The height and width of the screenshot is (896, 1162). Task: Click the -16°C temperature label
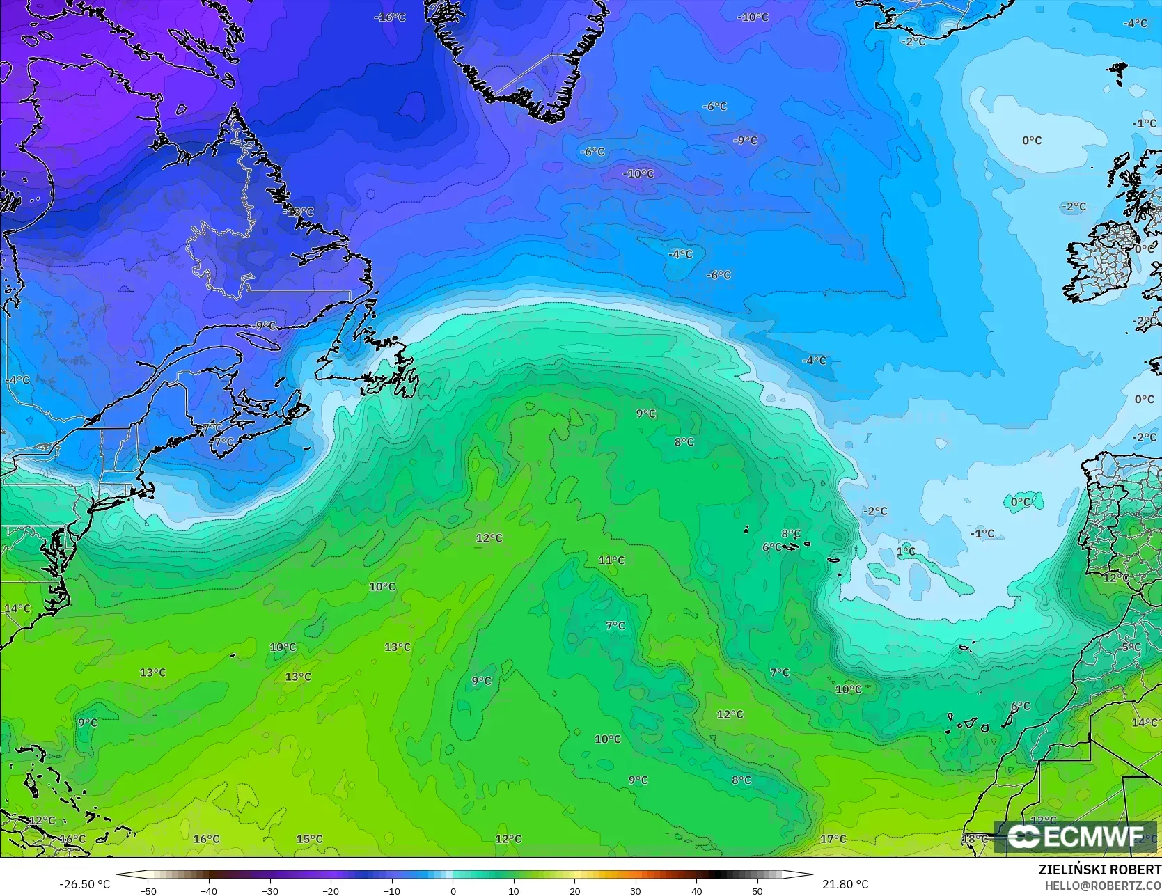(x=390, y=17)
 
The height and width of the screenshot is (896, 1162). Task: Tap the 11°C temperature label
(x=611, y=560)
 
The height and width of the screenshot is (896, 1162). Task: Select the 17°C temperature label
(x=833, y=839)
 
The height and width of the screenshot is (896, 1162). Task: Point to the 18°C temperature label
(x=975, y=839)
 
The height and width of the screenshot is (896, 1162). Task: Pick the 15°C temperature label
(x=309, y=839)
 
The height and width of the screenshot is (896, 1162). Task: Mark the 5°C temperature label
(x=1131, y=647)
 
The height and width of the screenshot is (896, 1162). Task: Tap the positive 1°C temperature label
(x=905, y=551)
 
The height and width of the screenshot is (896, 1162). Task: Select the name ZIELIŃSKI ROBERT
(x=1099, y=870)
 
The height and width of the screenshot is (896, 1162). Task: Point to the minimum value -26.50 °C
(x=84, y=884)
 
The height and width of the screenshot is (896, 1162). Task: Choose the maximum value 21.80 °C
(x=845, y=884)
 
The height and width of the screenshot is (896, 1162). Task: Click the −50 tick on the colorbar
(x=148, y=890)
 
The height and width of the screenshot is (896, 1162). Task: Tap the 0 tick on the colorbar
(x=453, y=890)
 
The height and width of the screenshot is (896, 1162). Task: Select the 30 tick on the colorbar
(x=636, y=890)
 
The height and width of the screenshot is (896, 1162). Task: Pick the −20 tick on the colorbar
(x=331, y=890)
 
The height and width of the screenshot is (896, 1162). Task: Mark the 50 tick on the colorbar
(x=757, y=890)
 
